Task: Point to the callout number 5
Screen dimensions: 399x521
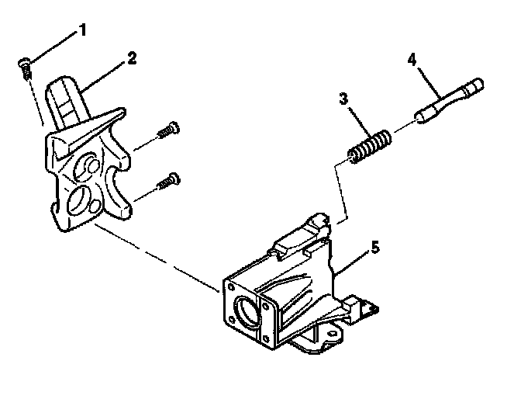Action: [374, 248]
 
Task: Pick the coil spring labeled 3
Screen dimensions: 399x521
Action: [369, 147]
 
